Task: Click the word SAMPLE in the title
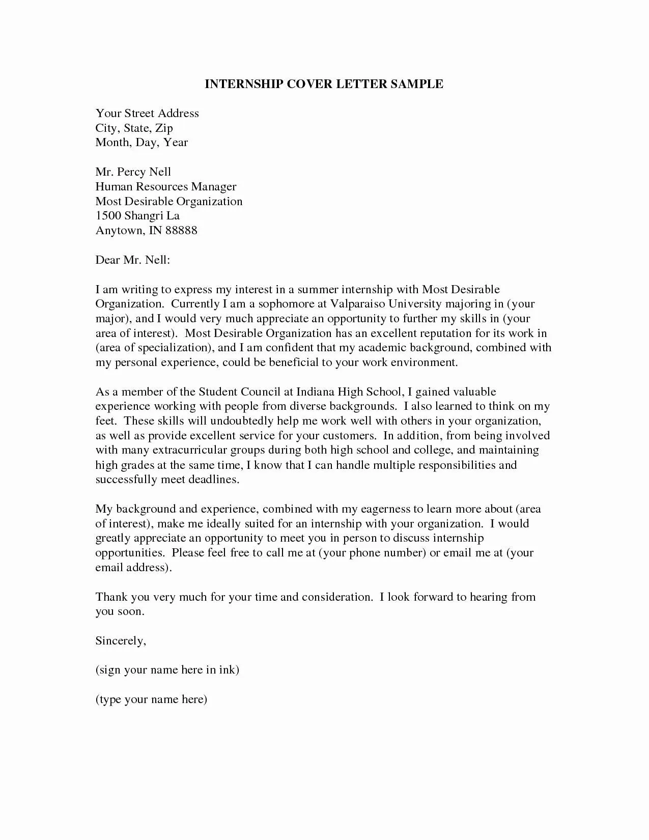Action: (x=417, y=84)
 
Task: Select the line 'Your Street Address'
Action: (x=147, y=113)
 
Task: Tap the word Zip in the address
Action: (x=164, y=128)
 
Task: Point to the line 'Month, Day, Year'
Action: (x=142, y=143)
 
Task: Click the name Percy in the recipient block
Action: (x=131, y=172)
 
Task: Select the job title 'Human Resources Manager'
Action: (x=166, y=187)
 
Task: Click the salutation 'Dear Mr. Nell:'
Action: (x=132, y=260)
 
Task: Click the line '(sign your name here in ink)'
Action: (x=167, y=670)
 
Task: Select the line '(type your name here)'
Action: (x=151, y=699)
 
